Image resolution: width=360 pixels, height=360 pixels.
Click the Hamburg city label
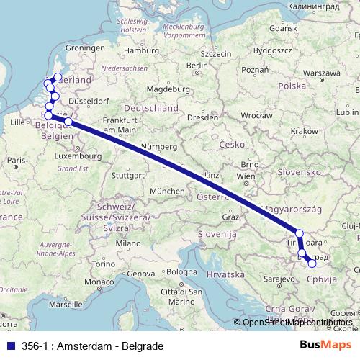(140, 50)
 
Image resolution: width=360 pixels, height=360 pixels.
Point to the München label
(166, 191)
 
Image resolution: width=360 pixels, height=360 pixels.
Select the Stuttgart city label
(129, 175)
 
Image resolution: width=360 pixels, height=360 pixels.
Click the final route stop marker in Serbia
(312, 264)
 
